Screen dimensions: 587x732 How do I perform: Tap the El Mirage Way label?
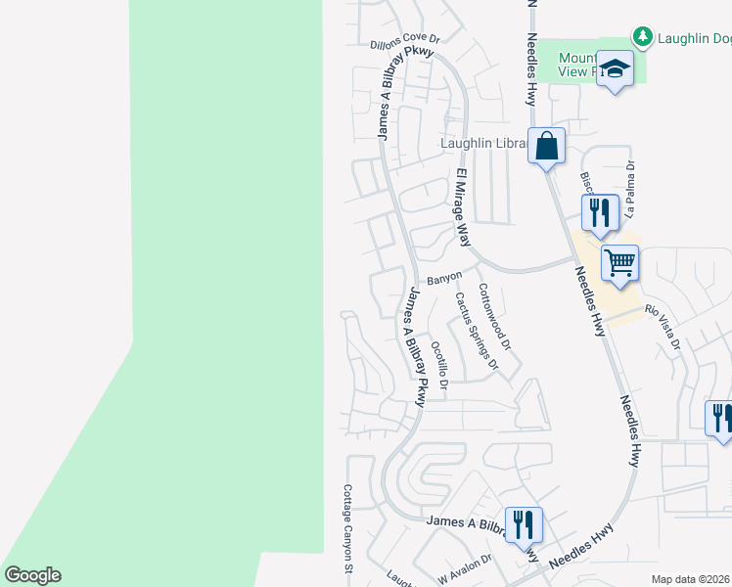(x=462, y=207)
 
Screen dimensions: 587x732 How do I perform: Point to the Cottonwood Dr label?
(x=494, y=317)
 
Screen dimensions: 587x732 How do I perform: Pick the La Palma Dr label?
(x=631, y=189)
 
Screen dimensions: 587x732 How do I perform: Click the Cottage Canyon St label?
(x=347, y=529)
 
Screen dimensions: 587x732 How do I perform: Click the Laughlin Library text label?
(x=483, y=143)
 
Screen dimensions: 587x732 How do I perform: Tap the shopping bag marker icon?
(x=547, y=147)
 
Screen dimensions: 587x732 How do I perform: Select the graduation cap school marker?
(x=615, y=69)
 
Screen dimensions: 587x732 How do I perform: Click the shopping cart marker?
(x=619, y=263)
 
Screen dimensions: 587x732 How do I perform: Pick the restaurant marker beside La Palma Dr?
(x=599, y=212)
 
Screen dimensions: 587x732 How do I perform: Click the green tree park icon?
(x=643, y=37)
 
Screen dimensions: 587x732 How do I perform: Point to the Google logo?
(x=32, y=575)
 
